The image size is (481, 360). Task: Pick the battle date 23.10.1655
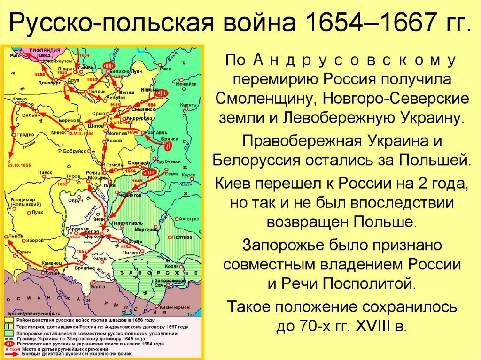[19, 165]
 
